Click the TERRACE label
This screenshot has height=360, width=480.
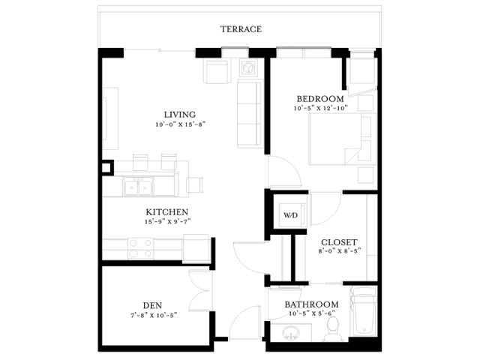241,29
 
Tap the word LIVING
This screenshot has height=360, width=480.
180,115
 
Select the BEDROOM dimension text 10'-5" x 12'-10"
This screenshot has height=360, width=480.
321,108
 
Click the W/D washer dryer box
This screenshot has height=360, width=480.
290,215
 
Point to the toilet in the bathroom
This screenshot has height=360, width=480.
333,329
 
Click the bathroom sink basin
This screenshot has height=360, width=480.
290,333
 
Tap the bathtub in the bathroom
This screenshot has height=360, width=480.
364,311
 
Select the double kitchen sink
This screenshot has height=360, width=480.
138,187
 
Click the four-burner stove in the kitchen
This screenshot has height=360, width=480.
140,248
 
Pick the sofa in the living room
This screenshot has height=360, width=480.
250,113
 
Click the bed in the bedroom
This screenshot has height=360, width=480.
342,139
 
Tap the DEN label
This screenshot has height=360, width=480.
152,305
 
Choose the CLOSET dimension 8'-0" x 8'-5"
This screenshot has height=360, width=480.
340,251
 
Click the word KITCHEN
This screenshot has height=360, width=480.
166,212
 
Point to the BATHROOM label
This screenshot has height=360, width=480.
312,304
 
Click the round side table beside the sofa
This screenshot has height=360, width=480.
247,67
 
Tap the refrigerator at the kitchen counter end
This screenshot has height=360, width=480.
196,248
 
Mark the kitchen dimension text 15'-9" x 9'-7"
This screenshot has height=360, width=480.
168,222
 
